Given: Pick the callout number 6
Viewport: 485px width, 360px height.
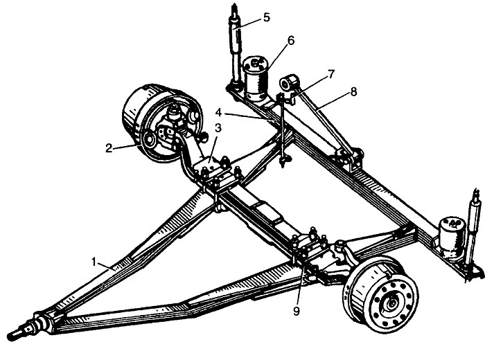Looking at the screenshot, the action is click(291, 39).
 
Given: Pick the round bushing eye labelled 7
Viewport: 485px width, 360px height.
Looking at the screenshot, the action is click(289, 86).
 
